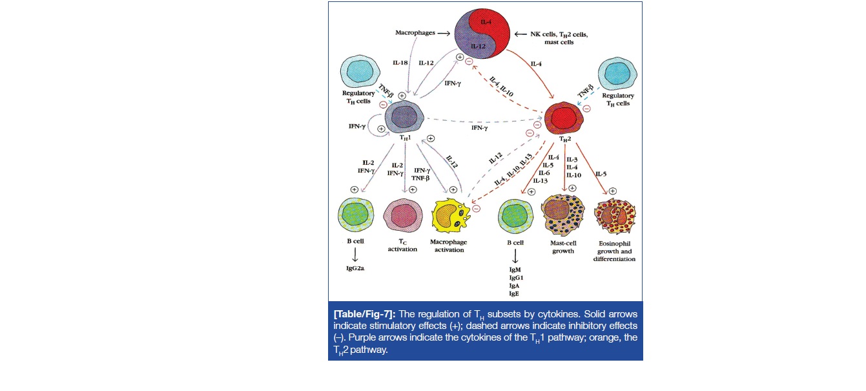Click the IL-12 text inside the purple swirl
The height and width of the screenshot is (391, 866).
tap(479, 47)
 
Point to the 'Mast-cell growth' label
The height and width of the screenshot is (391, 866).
tap(563, 247)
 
